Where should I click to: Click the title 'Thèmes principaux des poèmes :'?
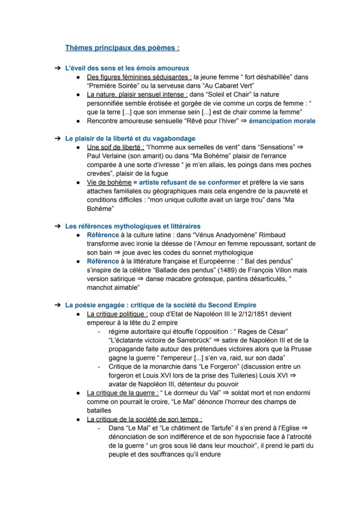[122, 48]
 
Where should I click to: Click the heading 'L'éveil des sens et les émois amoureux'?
[127, 68]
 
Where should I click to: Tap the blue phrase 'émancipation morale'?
[282, 121]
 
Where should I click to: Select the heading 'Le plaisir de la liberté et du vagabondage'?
[130, 139]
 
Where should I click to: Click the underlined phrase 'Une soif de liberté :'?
[115, 147]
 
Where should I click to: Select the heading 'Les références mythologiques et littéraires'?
[133, 226]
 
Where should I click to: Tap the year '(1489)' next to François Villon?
[227, 270]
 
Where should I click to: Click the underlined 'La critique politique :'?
[117, 314]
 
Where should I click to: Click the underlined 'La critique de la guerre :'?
[123, 393]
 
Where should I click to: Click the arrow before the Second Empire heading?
[57, 305]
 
